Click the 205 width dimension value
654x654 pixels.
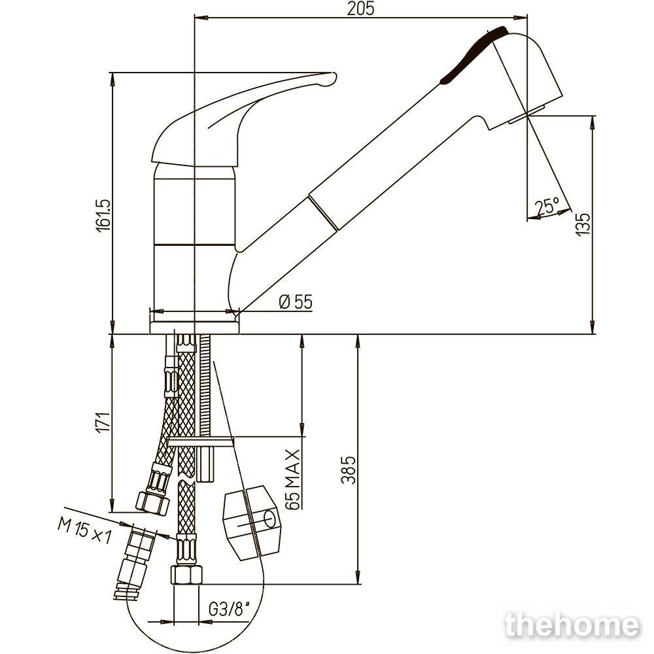pos(361,9)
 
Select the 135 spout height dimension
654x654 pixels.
pos(583,224)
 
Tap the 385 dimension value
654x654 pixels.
pos(349,469)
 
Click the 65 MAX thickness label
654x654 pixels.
pos(293,479)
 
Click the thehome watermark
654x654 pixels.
pos(572,626)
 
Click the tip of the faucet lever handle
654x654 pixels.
pos(333,78)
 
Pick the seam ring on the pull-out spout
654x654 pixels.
pos(324,213)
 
